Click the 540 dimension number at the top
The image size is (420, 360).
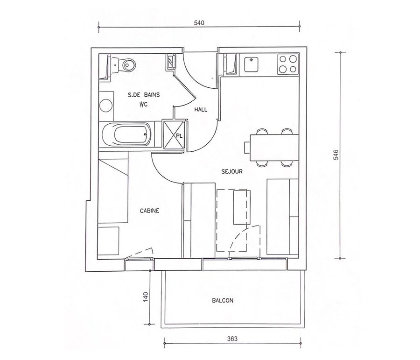199,23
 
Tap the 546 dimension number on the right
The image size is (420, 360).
336,155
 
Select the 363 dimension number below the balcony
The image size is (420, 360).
232,339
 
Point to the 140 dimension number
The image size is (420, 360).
146,297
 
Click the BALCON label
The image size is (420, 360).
223,301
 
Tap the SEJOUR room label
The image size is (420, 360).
232,171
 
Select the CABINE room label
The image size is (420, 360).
149,211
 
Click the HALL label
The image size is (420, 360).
201,109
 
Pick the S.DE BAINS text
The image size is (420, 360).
144,95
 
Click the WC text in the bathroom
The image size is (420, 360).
144,104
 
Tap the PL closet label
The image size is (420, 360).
179,136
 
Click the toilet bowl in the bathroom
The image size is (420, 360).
127,64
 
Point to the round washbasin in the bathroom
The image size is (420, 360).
106,106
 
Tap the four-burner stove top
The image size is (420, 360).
287,64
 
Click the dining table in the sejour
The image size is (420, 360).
274,148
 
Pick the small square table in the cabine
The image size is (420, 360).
108,241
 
